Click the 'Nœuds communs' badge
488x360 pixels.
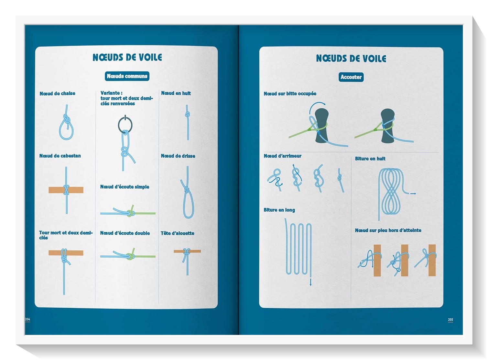pos(127,76)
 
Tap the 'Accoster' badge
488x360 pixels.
pos(351,77)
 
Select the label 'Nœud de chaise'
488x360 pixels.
pos(58,93)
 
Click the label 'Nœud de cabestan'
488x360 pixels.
pos(60,156)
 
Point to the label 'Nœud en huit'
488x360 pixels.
pos(176,93)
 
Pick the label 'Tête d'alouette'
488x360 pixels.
pos(177,233)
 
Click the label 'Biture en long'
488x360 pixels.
pos(279,210)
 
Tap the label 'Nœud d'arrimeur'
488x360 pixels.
pos(283,156)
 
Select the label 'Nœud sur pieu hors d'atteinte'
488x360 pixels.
pos(388,230)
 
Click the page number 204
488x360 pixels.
pos(27,319)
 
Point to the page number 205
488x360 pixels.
pos(450,320)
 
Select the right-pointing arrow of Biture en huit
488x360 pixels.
pos(413,194)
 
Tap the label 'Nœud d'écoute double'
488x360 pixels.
pos(125,233)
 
